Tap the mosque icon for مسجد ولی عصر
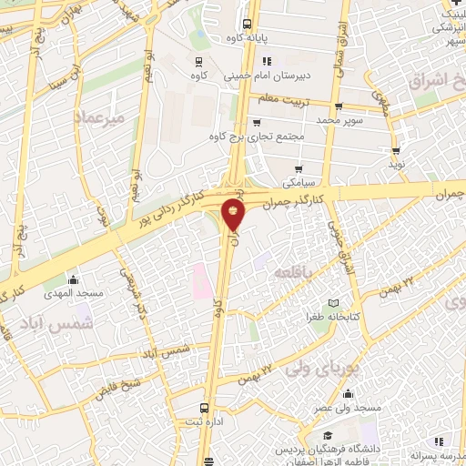349,394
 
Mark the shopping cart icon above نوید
395,152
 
